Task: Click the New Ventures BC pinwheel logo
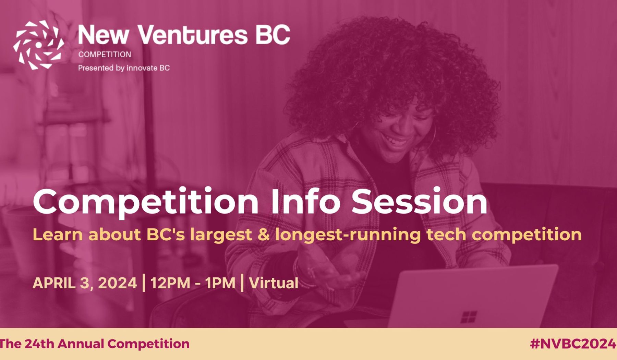coord(38,45)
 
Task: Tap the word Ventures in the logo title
coord(193,35)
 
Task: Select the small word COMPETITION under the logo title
coord(105,55)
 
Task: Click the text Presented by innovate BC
coord(124,68)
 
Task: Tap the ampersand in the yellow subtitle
coord(264,235)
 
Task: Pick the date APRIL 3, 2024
coord(85,283)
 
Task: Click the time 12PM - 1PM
coord(193,283)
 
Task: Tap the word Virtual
coord(274,283)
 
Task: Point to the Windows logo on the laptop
coord(468,317)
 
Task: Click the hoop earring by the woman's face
coord(433,137)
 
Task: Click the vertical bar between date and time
coord(143,283)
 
